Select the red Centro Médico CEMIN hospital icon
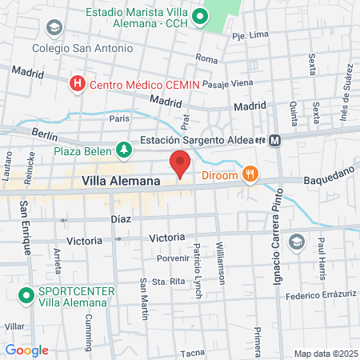pos(78,83)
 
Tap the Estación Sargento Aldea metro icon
pos(275,140)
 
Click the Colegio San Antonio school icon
pos(54,29)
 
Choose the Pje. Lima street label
pos(248,37)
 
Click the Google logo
pos(26,350)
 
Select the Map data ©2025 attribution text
pos(325,354)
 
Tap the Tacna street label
pos(193,353)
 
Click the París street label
pos(119,118)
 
